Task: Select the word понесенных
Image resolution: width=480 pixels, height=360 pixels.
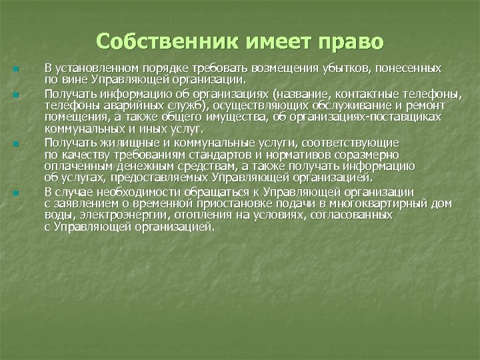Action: coord(408,68)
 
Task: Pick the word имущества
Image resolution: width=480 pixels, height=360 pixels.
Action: coord(233,117)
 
